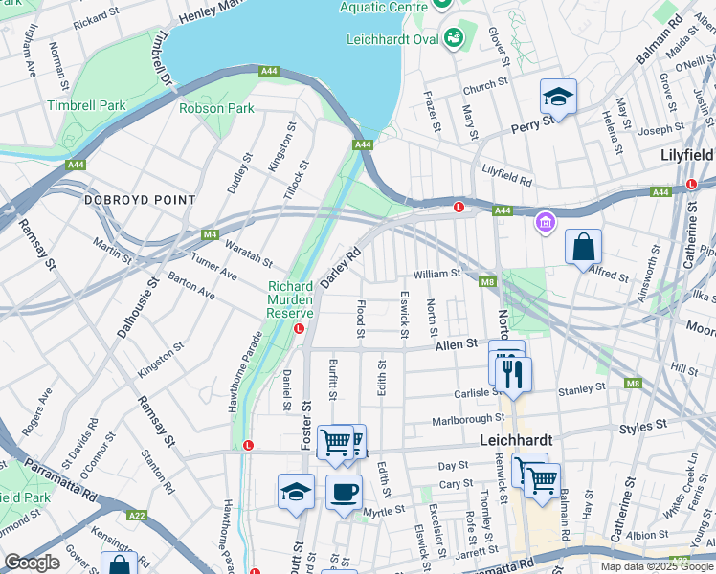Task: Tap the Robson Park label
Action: [216, 108]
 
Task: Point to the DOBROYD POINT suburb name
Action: [140, 200]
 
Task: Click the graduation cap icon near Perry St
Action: [558, 97]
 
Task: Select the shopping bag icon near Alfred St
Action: [583, 248]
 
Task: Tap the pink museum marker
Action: [545, 223]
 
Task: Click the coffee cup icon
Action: [344, 492]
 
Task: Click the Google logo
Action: [33, 563]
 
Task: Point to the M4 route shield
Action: [210, 234]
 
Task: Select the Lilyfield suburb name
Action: [687, 154]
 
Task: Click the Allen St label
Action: [458, 343]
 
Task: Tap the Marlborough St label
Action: [467, 418]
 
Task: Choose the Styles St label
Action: [643, 426]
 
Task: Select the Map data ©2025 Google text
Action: [656, 566]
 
